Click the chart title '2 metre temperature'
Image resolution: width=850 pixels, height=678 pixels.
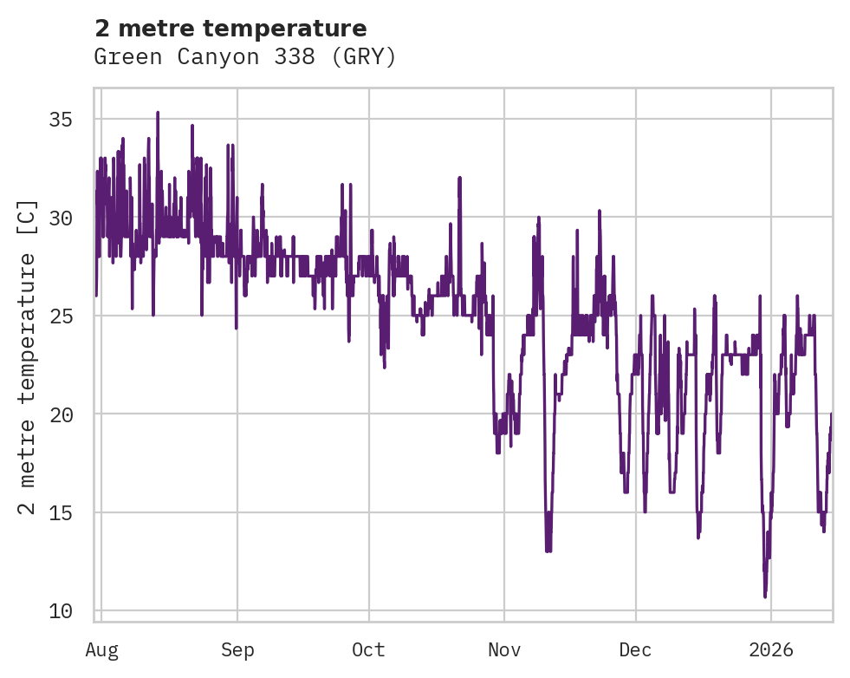[230, 29]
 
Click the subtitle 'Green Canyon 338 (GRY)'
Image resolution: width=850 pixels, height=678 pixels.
[245, 57]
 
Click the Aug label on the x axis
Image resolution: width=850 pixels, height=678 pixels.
[101, 649]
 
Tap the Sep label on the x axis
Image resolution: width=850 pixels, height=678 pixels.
[237, 649]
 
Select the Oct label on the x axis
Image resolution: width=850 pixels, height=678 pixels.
[369, 649]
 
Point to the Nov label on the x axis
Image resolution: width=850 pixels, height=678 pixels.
[504, 649]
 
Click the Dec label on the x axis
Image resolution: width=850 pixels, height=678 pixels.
[636, 649]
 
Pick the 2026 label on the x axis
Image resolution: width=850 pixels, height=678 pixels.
[771, 649]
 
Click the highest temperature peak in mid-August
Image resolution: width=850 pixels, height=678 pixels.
[158, 113]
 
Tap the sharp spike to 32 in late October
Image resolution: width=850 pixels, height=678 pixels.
[460, 178]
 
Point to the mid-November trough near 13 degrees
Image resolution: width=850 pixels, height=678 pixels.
[548, 551]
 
